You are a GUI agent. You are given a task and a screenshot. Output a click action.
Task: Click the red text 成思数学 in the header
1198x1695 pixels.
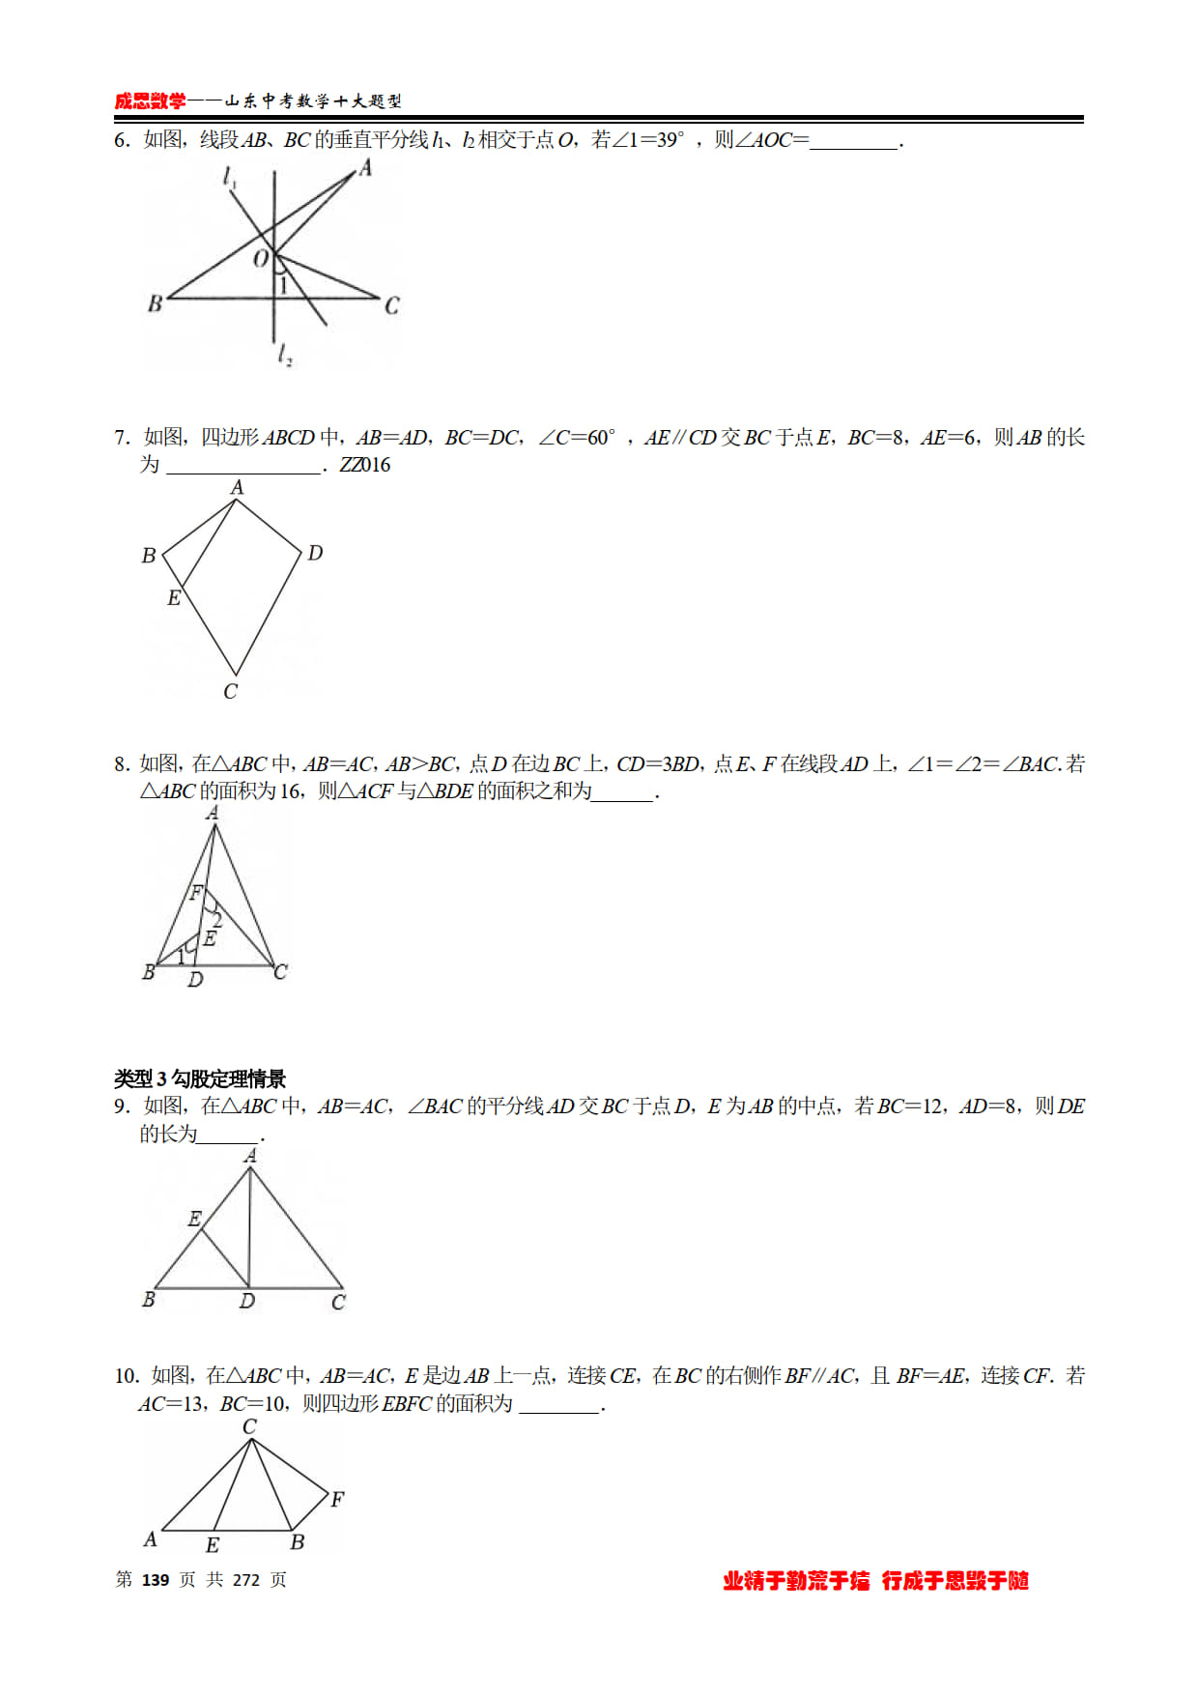click(150, 101)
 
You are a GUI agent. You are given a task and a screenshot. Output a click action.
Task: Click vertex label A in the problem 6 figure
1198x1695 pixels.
click(365, 168)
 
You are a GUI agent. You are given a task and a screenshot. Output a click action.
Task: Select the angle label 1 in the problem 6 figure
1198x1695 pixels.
click(283, 285)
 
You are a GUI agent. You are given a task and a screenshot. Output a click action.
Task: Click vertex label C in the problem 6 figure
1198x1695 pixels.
click(391, 305)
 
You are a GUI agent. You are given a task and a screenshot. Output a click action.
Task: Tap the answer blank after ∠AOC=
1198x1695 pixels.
click(854, 141)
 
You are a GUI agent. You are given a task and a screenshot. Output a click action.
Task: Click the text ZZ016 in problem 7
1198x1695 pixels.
click(365, 465)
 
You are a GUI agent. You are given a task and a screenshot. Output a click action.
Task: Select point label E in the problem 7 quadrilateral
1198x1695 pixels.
click(174, 598)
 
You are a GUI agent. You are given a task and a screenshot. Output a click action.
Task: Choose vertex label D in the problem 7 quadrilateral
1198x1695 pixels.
click(315, 553)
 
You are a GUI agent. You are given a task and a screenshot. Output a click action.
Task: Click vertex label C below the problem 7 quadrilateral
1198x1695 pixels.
click(230, 692)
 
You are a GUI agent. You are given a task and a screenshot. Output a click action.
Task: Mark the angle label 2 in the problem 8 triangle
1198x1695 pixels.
click(217, 920)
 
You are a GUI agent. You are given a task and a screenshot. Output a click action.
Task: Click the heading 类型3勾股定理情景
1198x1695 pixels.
click(200, 1078)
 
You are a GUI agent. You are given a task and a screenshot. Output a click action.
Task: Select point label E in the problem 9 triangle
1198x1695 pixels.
click(195, 1219)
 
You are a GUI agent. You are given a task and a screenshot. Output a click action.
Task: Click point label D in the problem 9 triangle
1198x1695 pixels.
click(247, 1302)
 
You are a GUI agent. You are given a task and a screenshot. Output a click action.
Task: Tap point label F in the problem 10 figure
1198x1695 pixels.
click(337, 1499)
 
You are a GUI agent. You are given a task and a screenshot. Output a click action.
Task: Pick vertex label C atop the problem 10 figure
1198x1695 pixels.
click(249, 1426)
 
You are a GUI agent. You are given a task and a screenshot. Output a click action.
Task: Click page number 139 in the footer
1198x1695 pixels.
click(156, 1579)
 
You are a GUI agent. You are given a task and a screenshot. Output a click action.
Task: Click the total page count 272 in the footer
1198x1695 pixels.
click(246, 1579)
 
